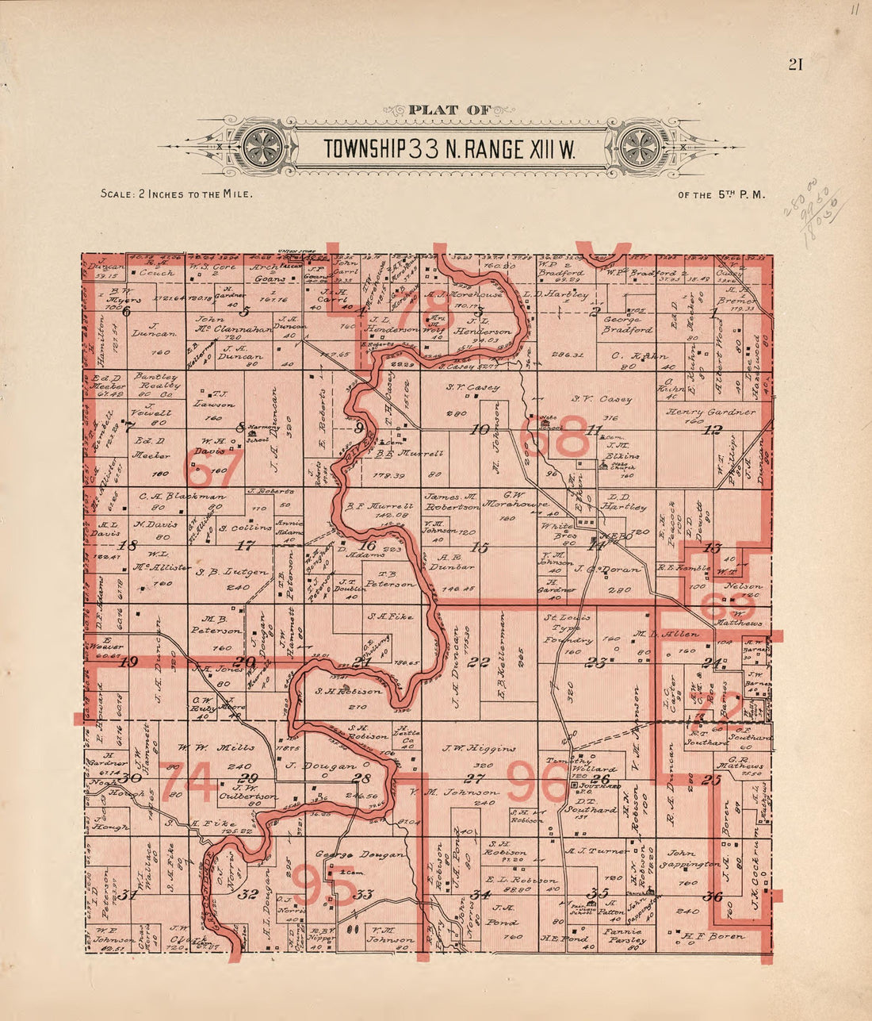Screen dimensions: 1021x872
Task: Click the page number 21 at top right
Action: (795, 65)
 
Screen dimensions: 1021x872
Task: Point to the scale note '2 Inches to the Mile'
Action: (177, 194)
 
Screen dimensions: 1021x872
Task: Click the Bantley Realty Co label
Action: (157, 384)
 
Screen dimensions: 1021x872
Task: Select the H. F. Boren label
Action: (717, 937)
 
